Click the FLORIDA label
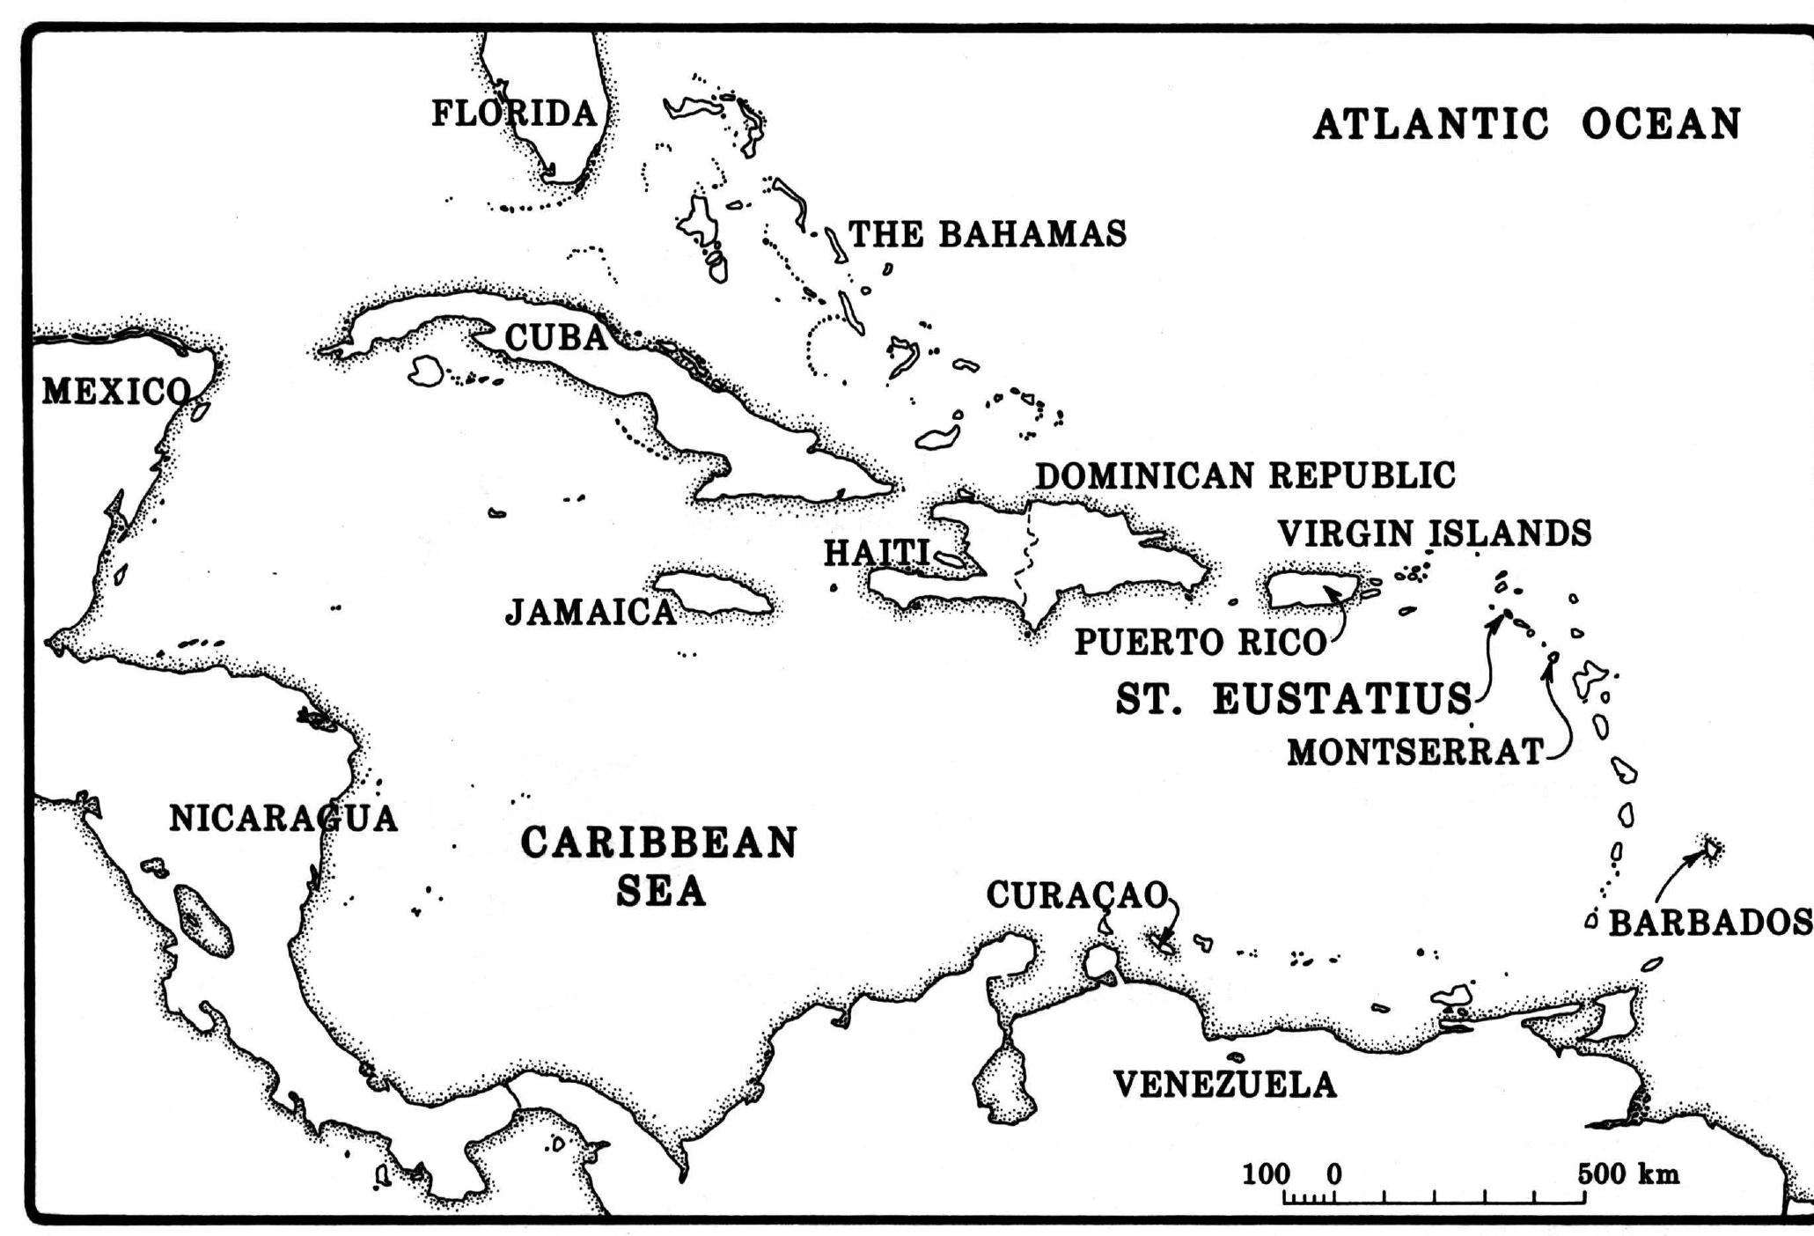(514, 114)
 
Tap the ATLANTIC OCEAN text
(1526, 124)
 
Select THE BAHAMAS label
(987, 234)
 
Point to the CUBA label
(556, 337)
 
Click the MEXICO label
(115, 392)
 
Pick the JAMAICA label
(591, 612)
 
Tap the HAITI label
(876, 554)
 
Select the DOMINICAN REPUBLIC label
(1245, 476)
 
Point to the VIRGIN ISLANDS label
(1434, 533)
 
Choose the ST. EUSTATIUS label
(1293, 699)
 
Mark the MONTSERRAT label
(1415, 753)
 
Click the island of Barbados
(1711, 849)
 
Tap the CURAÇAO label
(1076, 895)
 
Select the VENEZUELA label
(1224, 1085)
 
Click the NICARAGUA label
(283, 819)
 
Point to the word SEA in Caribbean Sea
(660, 892)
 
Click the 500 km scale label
(1627, 1174)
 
